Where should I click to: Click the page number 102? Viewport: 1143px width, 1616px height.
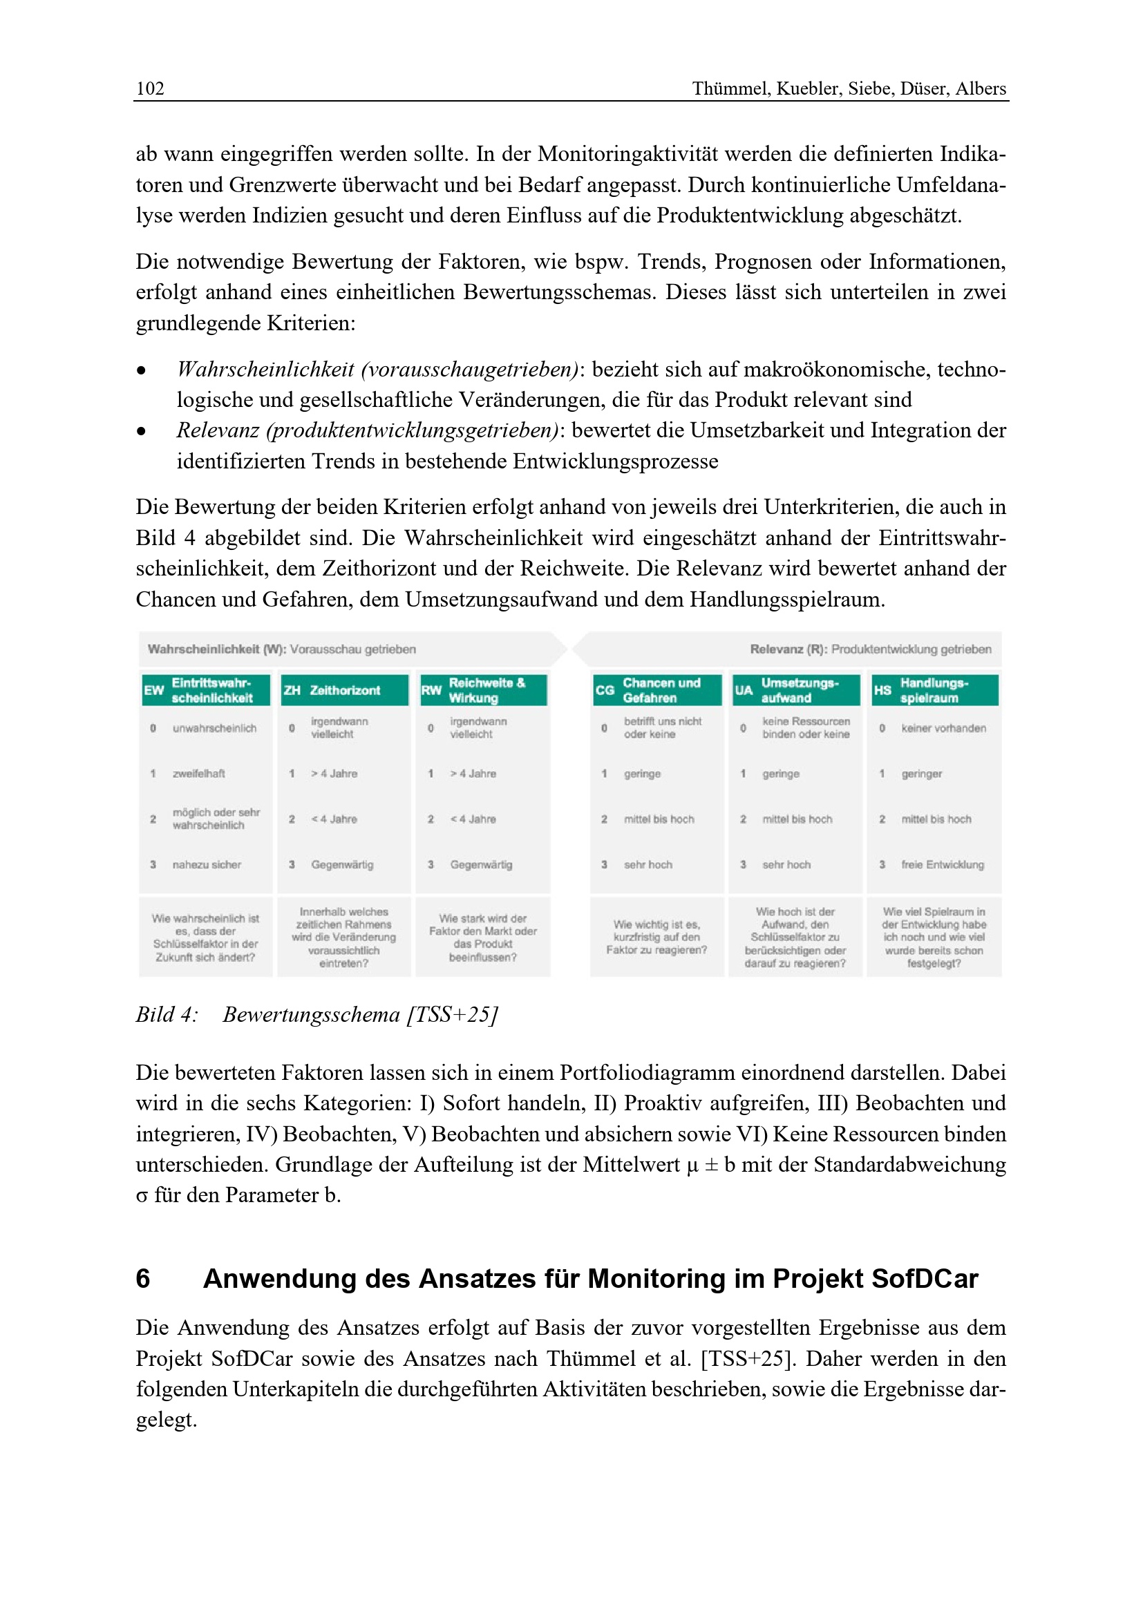click(x=150, y=88)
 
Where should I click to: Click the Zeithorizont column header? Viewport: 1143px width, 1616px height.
click(x=344, y=690)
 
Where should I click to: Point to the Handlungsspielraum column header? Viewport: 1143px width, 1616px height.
click(x=934, y=690)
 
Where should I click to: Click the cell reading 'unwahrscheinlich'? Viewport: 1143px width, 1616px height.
click(x=214, y=728)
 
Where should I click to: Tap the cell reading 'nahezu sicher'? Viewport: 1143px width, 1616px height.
click(x=206, y=864)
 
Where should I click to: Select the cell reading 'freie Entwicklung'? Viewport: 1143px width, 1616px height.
click(x=943, y=864)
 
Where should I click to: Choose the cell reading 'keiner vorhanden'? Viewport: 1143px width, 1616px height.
click(x=943, y=728)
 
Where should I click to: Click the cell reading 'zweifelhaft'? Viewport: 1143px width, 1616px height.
click(x=198, y=774)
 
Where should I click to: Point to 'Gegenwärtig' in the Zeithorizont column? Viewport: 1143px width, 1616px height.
click(x=342, y=864)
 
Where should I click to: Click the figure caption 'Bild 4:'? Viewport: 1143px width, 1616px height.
click(x=167, y=1015)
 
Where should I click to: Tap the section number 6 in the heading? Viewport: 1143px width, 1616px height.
click(x=143, y=1279)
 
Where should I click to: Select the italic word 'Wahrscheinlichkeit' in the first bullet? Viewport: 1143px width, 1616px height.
click(x=265, y=370)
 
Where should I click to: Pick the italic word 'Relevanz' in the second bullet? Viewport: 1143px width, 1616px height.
click(x=218, y=430)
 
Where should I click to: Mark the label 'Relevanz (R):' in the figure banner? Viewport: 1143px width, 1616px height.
click(x=788, y=649)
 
